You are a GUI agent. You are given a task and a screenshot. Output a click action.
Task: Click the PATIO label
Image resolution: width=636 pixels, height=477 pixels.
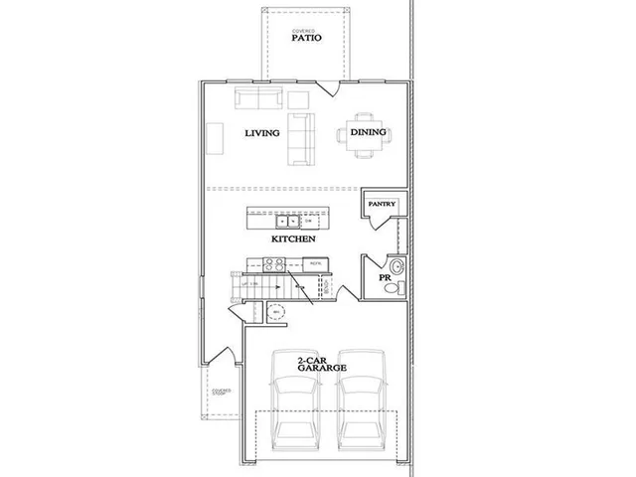pos(305,41)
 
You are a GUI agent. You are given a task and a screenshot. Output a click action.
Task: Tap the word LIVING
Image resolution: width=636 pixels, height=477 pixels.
pos(262,133)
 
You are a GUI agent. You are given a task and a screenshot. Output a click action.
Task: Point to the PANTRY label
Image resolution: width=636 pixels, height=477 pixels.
pos(382,204)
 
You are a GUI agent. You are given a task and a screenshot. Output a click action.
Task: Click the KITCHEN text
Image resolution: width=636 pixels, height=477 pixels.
pos(293,239)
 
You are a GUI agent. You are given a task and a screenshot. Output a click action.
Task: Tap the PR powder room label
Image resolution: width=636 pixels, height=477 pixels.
pos(384,277)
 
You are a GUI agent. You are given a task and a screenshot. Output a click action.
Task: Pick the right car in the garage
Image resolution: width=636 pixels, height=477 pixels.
pos(359,407)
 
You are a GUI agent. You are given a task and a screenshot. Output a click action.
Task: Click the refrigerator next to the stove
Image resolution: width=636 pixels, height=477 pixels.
pos(315,264)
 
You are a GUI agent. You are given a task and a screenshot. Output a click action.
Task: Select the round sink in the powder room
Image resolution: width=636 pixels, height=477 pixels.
pos(396,266)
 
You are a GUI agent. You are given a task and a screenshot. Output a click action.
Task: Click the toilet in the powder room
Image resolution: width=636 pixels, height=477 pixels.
pos(394,288)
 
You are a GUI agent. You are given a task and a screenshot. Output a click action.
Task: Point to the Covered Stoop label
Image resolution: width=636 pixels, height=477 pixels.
pos(221,393)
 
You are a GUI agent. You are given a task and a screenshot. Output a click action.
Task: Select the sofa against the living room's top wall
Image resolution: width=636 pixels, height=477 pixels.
pos(258,98)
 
